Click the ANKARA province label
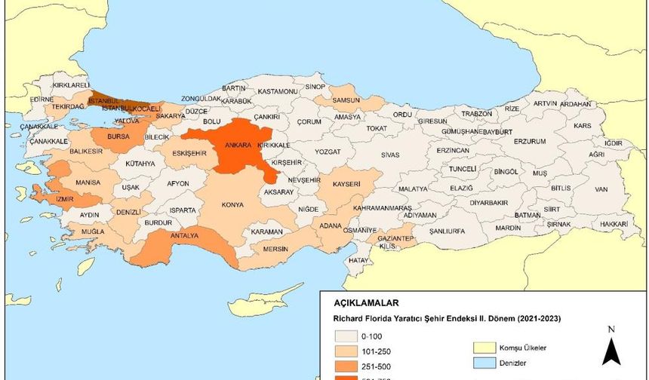coord(234,146)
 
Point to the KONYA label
coord(232,204)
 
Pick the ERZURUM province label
coord(529,141)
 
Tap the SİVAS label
coord(389,155)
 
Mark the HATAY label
coord(357,259)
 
